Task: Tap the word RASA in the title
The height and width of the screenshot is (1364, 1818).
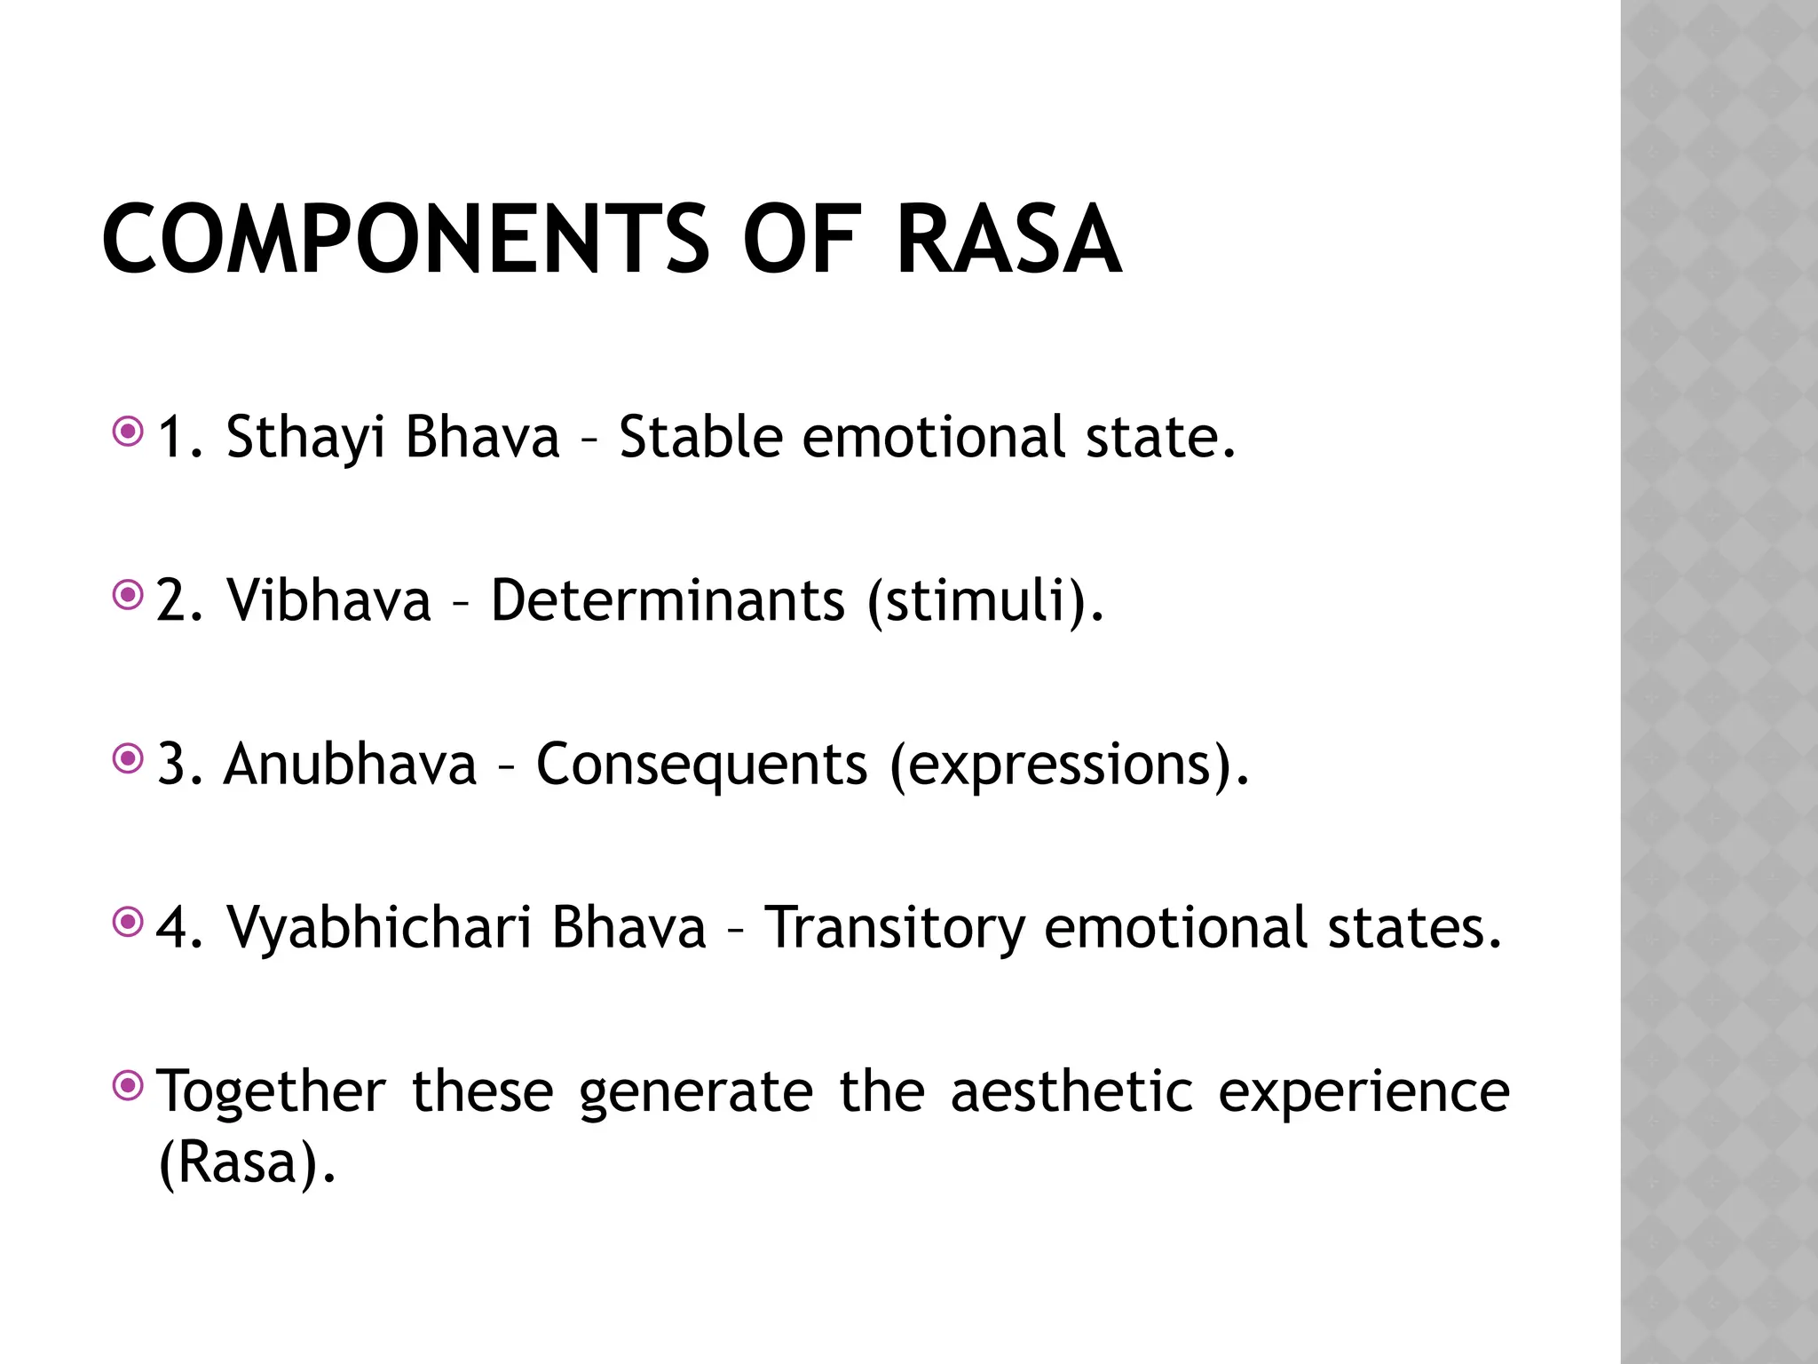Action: (1008, 240)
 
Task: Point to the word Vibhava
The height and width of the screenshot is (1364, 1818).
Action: (328, 600)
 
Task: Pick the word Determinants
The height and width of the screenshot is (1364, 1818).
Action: (668, 600)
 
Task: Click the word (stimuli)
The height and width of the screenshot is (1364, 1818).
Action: (986, 602)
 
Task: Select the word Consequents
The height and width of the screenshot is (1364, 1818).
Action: (701, 765)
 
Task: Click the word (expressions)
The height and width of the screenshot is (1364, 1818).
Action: (1069, 765)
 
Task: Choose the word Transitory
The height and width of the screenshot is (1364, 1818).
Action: (894, 929)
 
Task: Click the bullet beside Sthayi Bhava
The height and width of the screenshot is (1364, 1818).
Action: (129, 432)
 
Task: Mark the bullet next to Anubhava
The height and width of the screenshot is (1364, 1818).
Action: (129, 759)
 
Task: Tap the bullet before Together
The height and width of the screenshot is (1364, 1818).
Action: (129, 1085)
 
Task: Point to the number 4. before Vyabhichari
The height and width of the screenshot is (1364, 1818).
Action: (179, 929)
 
